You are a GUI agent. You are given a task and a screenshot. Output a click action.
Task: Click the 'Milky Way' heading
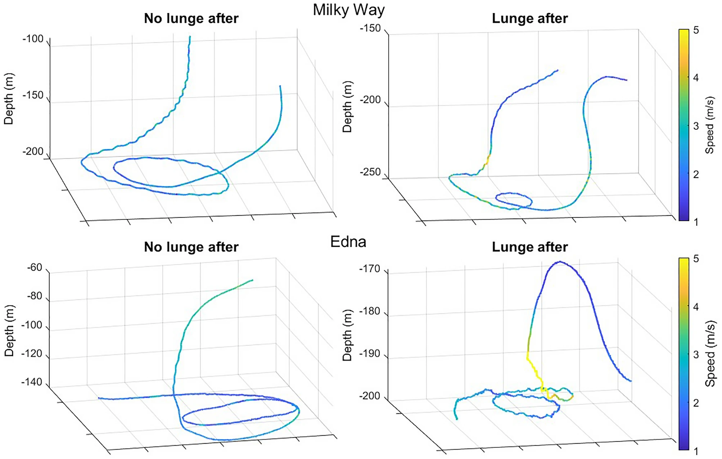(x=348, y=10)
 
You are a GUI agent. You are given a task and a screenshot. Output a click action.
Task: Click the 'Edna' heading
(x=348, y=242)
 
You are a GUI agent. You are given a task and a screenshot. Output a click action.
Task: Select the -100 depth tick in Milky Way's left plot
(x=33, y=38)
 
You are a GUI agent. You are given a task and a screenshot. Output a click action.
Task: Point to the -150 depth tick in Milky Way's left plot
(x=33, y=95)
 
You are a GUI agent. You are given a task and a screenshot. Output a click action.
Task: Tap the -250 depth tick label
(x=370, y=172)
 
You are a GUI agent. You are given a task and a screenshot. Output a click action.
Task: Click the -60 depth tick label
(x=35, y=268)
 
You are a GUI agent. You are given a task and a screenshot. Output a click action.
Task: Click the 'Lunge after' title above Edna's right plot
(x=530, y=247)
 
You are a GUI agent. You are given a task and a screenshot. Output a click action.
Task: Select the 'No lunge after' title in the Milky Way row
(x=191, y=18)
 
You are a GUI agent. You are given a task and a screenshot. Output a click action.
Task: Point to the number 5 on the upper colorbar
(x=696, y=30)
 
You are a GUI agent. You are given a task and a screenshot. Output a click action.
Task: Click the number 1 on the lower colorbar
(x=696, y=451)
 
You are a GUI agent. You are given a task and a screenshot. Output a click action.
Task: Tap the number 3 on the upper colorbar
(x=696, y=126)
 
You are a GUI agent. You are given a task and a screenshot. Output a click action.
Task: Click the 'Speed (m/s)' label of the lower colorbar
(x=710, y=354)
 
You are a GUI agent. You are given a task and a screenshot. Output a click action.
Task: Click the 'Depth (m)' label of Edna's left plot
(x=9, y=331)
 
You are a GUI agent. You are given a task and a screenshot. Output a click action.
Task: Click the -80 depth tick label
(x=35, y=296)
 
